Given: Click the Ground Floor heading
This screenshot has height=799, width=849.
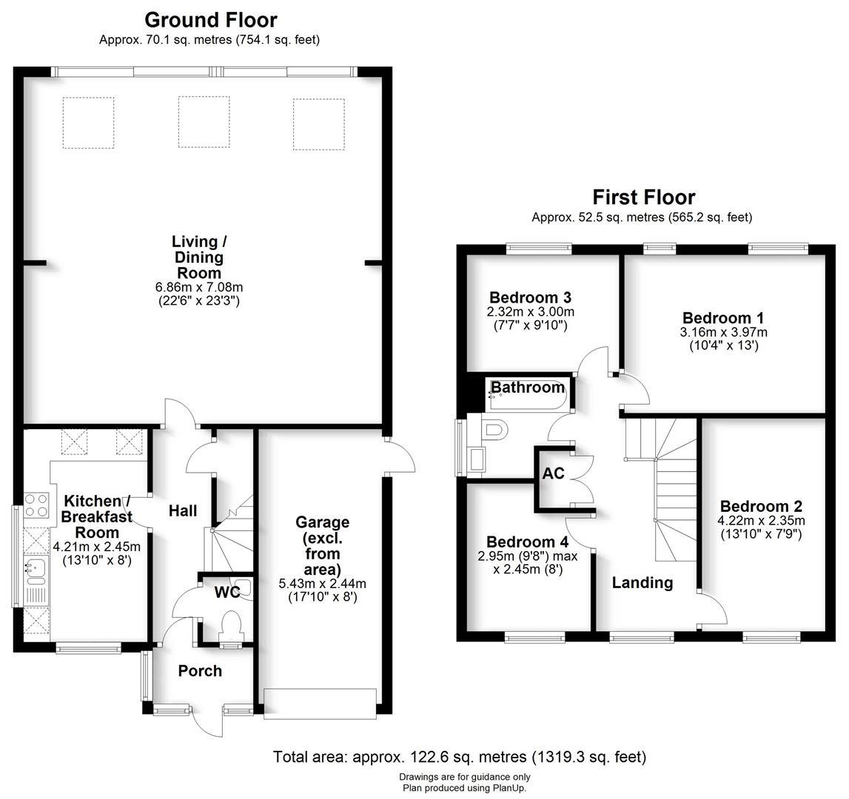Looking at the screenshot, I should point(210,20).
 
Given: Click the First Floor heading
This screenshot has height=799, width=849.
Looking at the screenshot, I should point(644,198).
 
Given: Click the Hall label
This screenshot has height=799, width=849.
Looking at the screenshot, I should point(183,510).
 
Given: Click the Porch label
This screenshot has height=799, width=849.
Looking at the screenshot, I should point(200,671).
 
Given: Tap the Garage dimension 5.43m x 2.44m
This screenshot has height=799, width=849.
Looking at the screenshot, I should point(323,584).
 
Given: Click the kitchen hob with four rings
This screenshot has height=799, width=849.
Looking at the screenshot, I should point(36,505).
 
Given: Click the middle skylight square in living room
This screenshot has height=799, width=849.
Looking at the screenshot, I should point(204,121).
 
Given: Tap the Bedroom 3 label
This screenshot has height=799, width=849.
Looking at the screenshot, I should point(531,298).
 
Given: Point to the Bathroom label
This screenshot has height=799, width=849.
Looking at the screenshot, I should point(528,388).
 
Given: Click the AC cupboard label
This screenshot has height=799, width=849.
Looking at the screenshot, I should point(554,473).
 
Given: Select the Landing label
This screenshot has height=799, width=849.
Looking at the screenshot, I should point(642,583).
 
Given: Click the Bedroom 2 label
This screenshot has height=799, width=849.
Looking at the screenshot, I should point(761,507).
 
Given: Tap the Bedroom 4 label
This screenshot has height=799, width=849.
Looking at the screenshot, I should point(523,542).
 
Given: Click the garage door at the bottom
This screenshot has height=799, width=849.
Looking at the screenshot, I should point(320,703).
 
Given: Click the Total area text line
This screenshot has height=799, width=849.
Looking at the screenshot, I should point(460,757).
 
